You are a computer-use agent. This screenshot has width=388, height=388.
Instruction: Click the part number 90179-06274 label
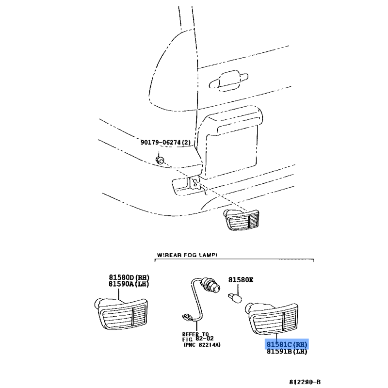coord(165,142)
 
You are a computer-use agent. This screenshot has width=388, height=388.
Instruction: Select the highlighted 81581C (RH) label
coord(287,344)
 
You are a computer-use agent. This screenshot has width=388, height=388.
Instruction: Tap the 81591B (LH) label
coord(287,351)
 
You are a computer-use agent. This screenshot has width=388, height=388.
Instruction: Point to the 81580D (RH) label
coord(129,277)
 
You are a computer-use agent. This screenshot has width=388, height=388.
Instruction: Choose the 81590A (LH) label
coord(129,284)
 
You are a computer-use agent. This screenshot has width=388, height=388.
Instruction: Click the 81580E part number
coord(241,280)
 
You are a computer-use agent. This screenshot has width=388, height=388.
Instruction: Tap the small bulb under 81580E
coord(234,297)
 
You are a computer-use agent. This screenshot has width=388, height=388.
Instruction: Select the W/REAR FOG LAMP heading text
coord(187,255)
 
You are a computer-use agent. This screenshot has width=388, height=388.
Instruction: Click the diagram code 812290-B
coord(305,382)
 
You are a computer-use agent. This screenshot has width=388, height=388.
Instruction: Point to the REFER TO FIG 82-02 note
coord(198,337)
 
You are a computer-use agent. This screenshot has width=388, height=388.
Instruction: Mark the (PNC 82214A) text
coord(202,345)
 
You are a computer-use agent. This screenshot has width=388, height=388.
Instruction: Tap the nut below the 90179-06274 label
coord(160,160)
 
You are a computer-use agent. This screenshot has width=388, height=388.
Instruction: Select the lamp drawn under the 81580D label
coord(122,314)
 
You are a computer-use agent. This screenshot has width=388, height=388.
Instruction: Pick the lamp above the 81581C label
coord(272,318)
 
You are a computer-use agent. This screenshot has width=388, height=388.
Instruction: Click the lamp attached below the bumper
coord(241,220)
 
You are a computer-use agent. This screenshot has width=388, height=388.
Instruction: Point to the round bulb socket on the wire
coord(211,285)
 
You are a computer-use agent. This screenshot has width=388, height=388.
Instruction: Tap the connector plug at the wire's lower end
coord(187,318)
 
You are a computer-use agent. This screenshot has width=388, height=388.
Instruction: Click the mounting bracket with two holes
coord(194,183)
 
